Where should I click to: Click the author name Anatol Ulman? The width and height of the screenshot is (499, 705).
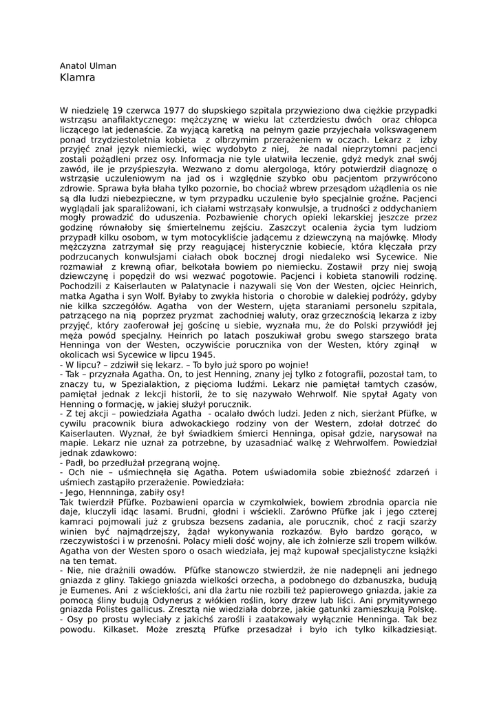point(88,66)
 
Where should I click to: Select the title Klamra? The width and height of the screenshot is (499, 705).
point(78,78)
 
